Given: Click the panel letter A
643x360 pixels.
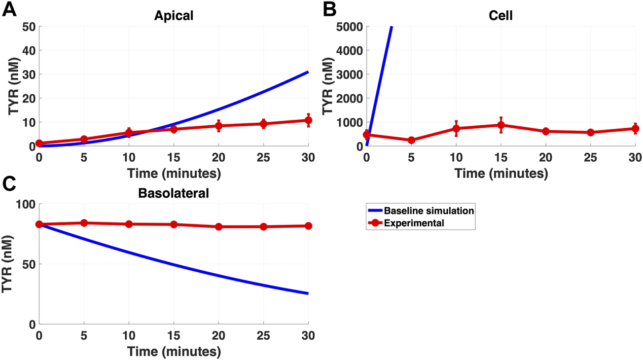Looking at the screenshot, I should coord(10,9).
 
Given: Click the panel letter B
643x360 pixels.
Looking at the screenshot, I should coord(330,9).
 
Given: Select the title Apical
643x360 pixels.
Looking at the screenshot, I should coord(173,16).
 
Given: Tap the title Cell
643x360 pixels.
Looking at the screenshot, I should coord(500,16).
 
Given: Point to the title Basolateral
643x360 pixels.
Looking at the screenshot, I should coord(173,193).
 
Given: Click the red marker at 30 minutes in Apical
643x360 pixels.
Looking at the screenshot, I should coord(308,120).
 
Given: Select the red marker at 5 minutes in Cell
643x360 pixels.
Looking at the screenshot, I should coord(411,140).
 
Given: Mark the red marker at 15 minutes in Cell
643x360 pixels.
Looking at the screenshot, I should coord(500,125).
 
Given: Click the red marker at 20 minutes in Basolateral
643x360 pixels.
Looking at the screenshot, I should coord(218,227).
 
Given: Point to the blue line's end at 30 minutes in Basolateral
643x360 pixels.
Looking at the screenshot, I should coord(308,293).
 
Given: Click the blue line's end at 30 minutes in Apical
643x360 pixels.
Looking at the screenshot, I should coord(308,72).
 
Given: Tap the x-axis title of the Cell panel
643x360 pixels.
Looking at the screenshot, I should coord(500,174).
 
